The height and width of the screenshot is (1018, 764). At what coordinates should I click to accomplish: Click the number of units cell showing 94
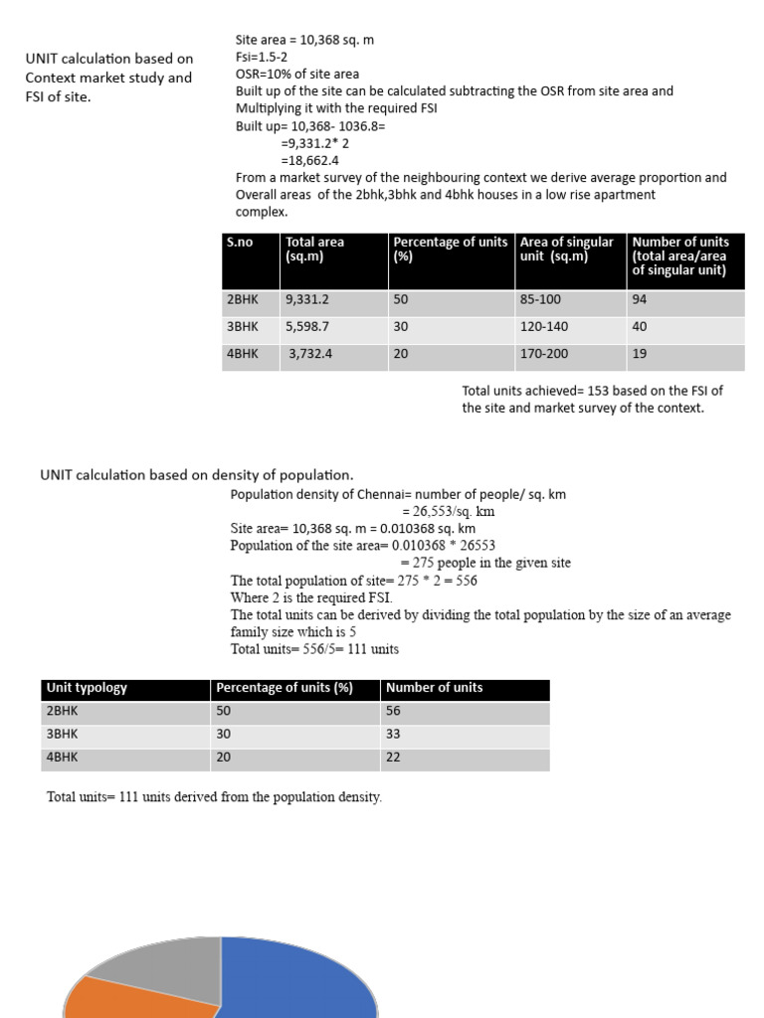pos(640,299)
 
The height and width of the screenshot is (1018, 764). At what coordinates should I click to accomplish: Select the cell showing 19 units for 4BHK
pos(640,354)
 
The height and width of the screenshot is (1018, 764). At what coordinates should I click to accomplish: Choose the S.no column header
pos(240,243)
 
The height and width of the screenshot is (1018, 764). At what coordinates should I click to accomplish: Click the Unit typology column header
pos(87,688)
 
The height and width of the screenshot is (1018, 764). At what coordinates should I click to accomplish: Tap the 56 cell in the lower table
pos(394,712)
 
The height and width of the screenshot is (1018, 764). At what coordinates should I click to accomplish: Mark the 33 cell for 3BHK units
pos(394,735)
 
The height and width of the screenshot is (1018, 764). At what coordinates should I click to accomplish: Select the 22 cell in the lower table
pos(394,758)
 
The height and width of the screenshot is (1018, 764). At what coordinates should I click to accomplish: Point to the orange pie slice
pos(129,999)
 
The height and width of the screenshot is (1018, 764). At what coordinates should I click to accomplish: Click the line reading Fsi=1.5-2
pos(262,57)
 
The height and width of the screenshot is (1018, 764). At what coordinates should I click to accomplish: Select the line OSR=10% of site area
pos(297,75)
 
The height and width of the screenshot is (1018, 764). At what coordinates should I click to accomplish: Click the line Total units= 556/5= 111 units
pos(314,649)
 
